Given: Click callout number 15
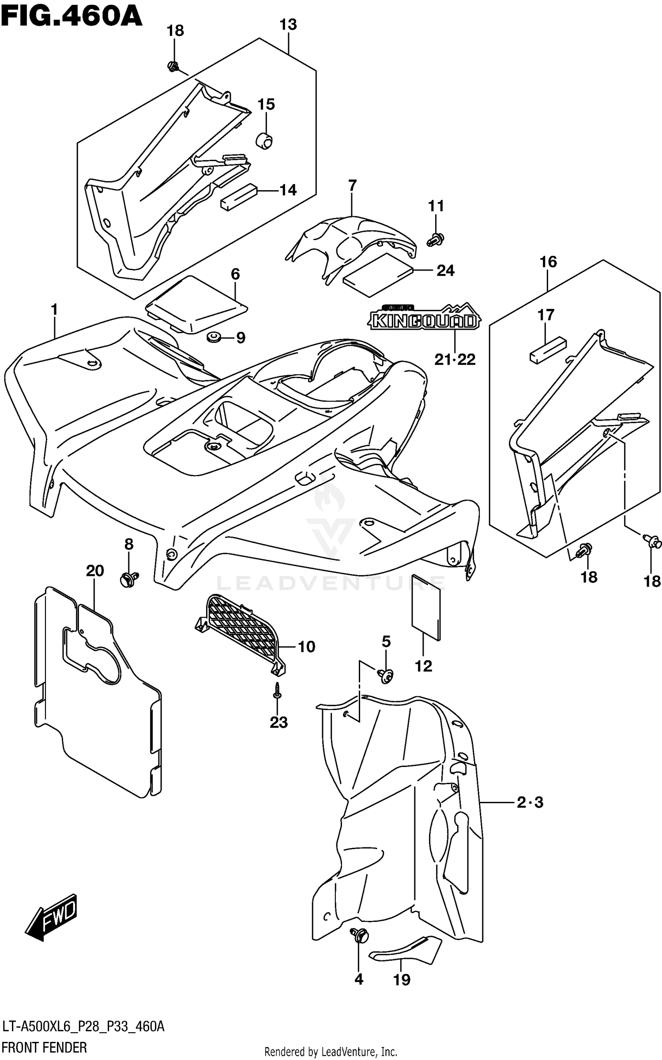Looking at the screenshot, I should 266,105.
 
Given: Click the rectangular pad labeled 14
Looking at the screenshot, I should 238,197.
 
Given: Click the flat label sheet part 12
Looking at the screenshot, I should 426,607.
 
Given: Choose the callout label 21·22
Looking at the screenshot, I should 455,360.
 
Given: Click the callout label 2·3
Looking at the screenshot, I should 530,802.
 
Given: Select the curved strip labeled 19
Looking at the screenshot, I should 405,951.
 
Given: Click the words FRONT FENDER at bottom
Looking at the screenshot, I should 44,1047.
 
